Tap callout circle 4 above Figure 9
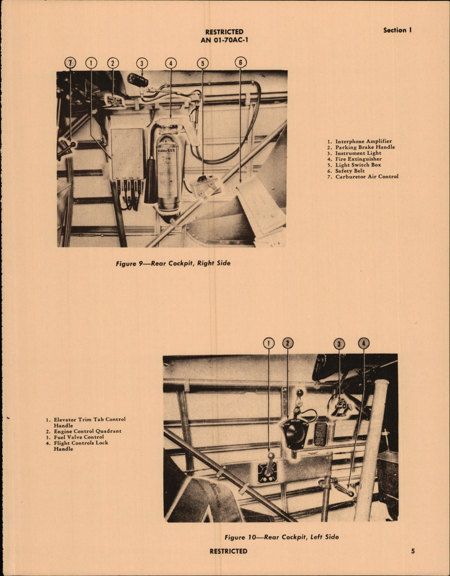(171, 63)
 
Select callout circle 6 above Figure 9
(240, 62)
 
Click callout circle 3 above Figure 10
(339, 343)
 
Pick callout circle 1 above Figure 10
(269, 343)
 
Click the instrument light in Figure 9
(138, 79)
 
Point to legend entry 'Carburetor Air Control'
(367, 176)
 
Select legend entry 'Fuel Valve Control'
(79, 437)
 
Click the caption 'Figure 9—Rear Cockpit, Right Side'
(173, 263)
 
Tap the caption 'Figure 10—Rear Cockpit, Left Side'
(281, 537)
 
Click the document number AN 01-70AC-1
(224, 40)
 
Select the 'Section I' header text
(397, 30)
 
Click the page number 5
(413, 551)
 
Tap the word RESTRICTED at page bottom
(228, 551)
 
